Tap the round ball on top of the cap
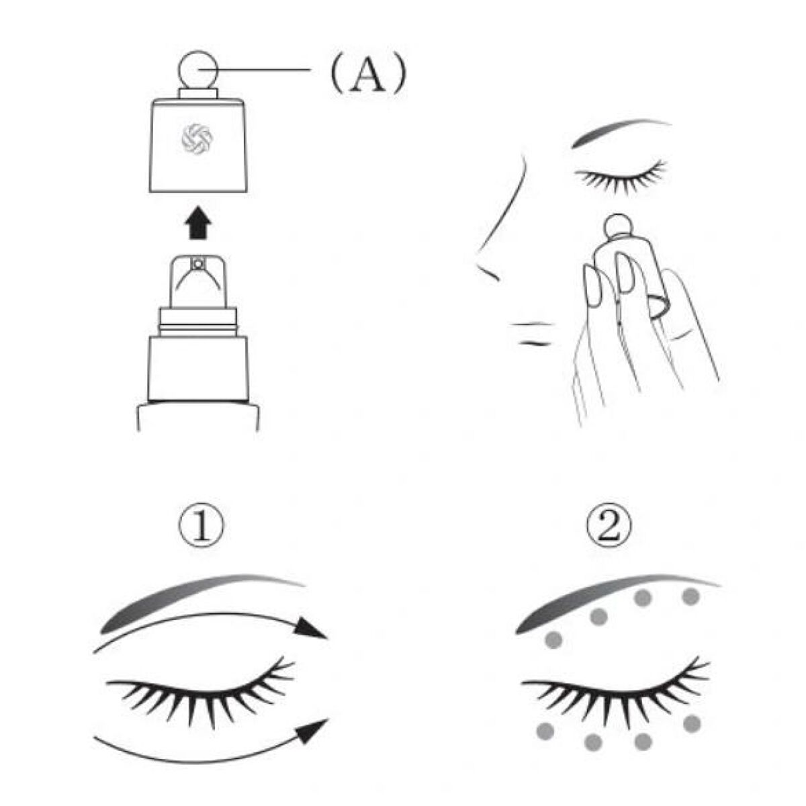coord(198,69)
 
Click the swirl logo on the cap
coord(197,137)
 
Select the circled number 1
coord(201,528)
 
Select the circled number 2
coord(609,528)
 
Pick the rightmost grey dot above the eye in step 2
coord(691,596)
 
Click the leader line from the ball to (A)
coord(256,70)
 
